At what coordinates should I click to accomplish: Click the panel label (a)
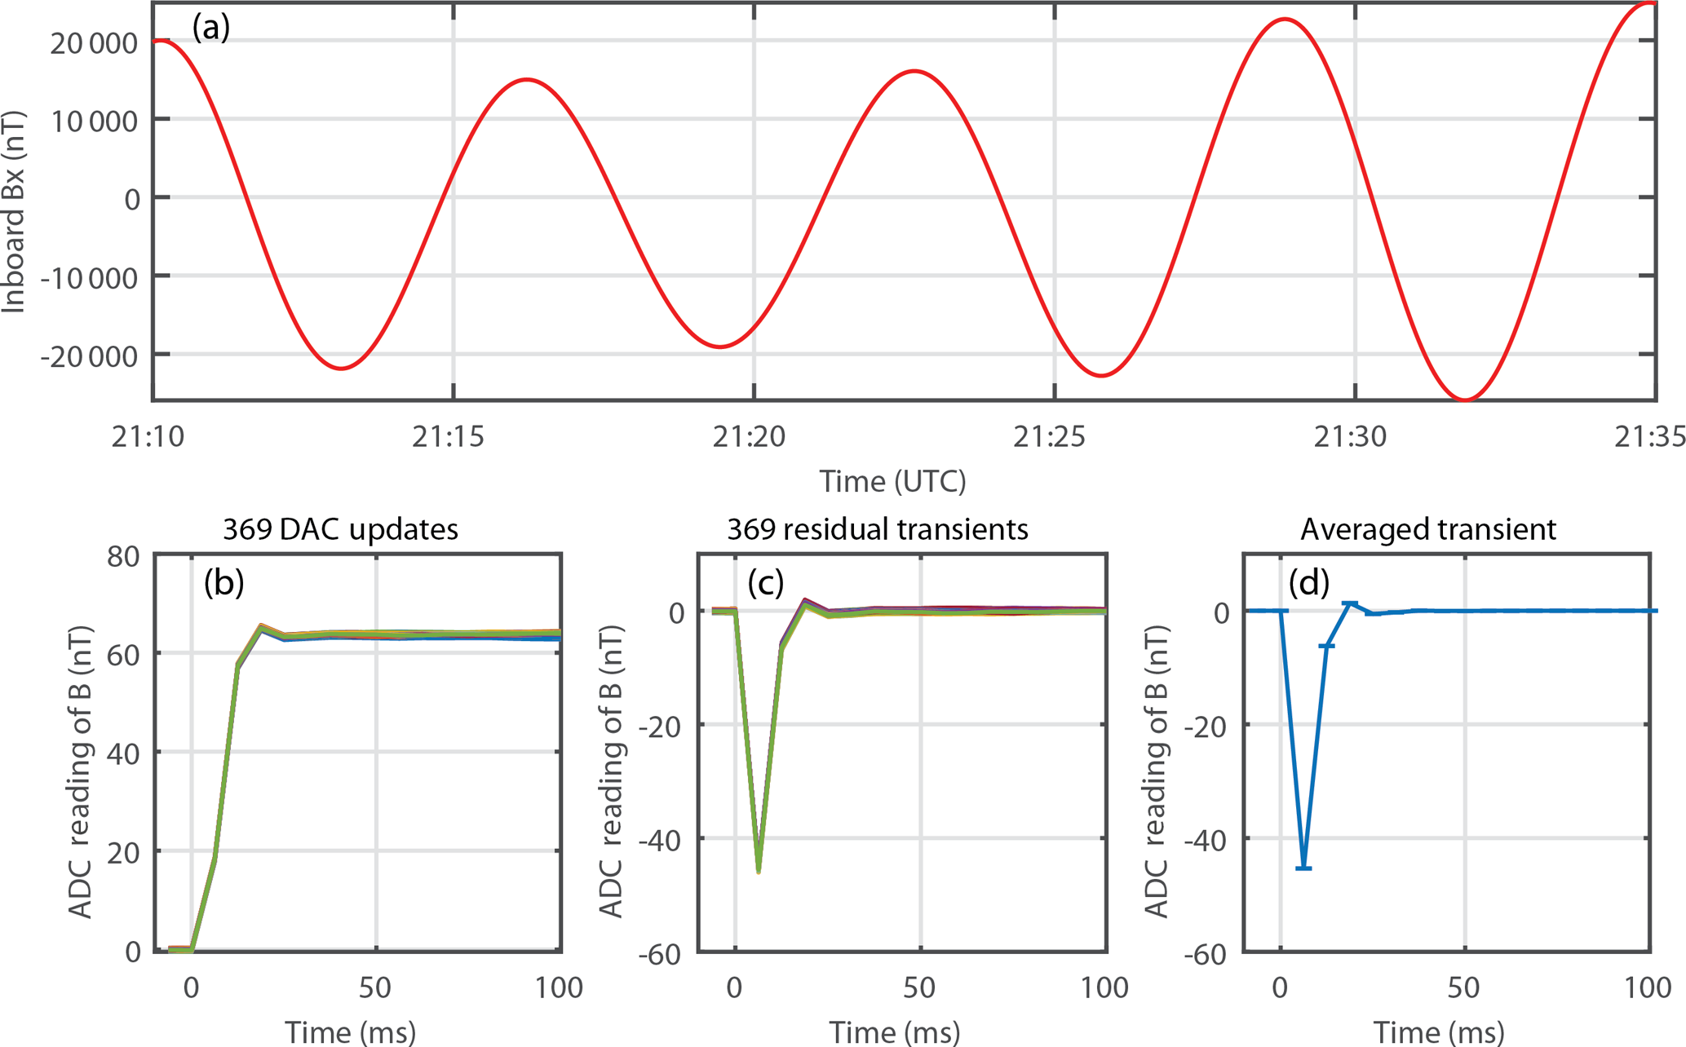pos(210,28)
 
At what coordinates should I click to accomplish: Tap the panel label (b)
pos(223,582)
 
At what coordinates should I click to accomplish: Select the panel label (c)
pos(765,582)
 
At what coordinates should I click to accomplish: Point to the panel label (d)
pos(1308,582)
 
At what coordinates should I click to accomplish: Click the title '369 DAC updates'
pos(340,530)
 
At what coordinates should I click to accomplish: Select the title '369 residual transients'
pos(877,530)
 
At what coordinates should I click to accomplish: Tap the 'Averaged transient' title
pos(1427,530)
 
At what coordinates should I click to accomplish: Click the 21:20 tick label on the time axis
pos(749,438)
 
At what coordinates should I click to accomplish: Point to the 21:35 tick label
pos(1649,438)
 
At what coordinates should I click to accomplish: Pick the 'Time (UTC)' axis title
pos(892,481)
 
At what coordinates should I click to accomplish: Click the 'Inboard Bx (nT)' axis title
pos(15,212)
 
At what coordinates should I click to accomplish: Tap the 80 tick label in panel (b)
pos(123,557)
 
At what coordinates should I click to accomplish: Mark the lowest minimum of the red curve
pos(1466,400)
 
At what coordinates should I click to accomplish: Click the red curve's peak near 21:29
pos(1286,19)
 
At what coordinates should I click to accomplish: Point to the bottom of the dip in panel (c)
pos(759,871)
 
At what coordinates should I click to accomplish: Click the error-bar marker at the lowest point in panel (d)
pos(1303,868)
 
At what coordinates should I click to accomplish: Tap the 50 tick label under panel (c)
pos(919,988)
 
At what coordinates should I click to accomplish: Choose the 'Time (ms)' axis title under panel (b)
pos(350,1032)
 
